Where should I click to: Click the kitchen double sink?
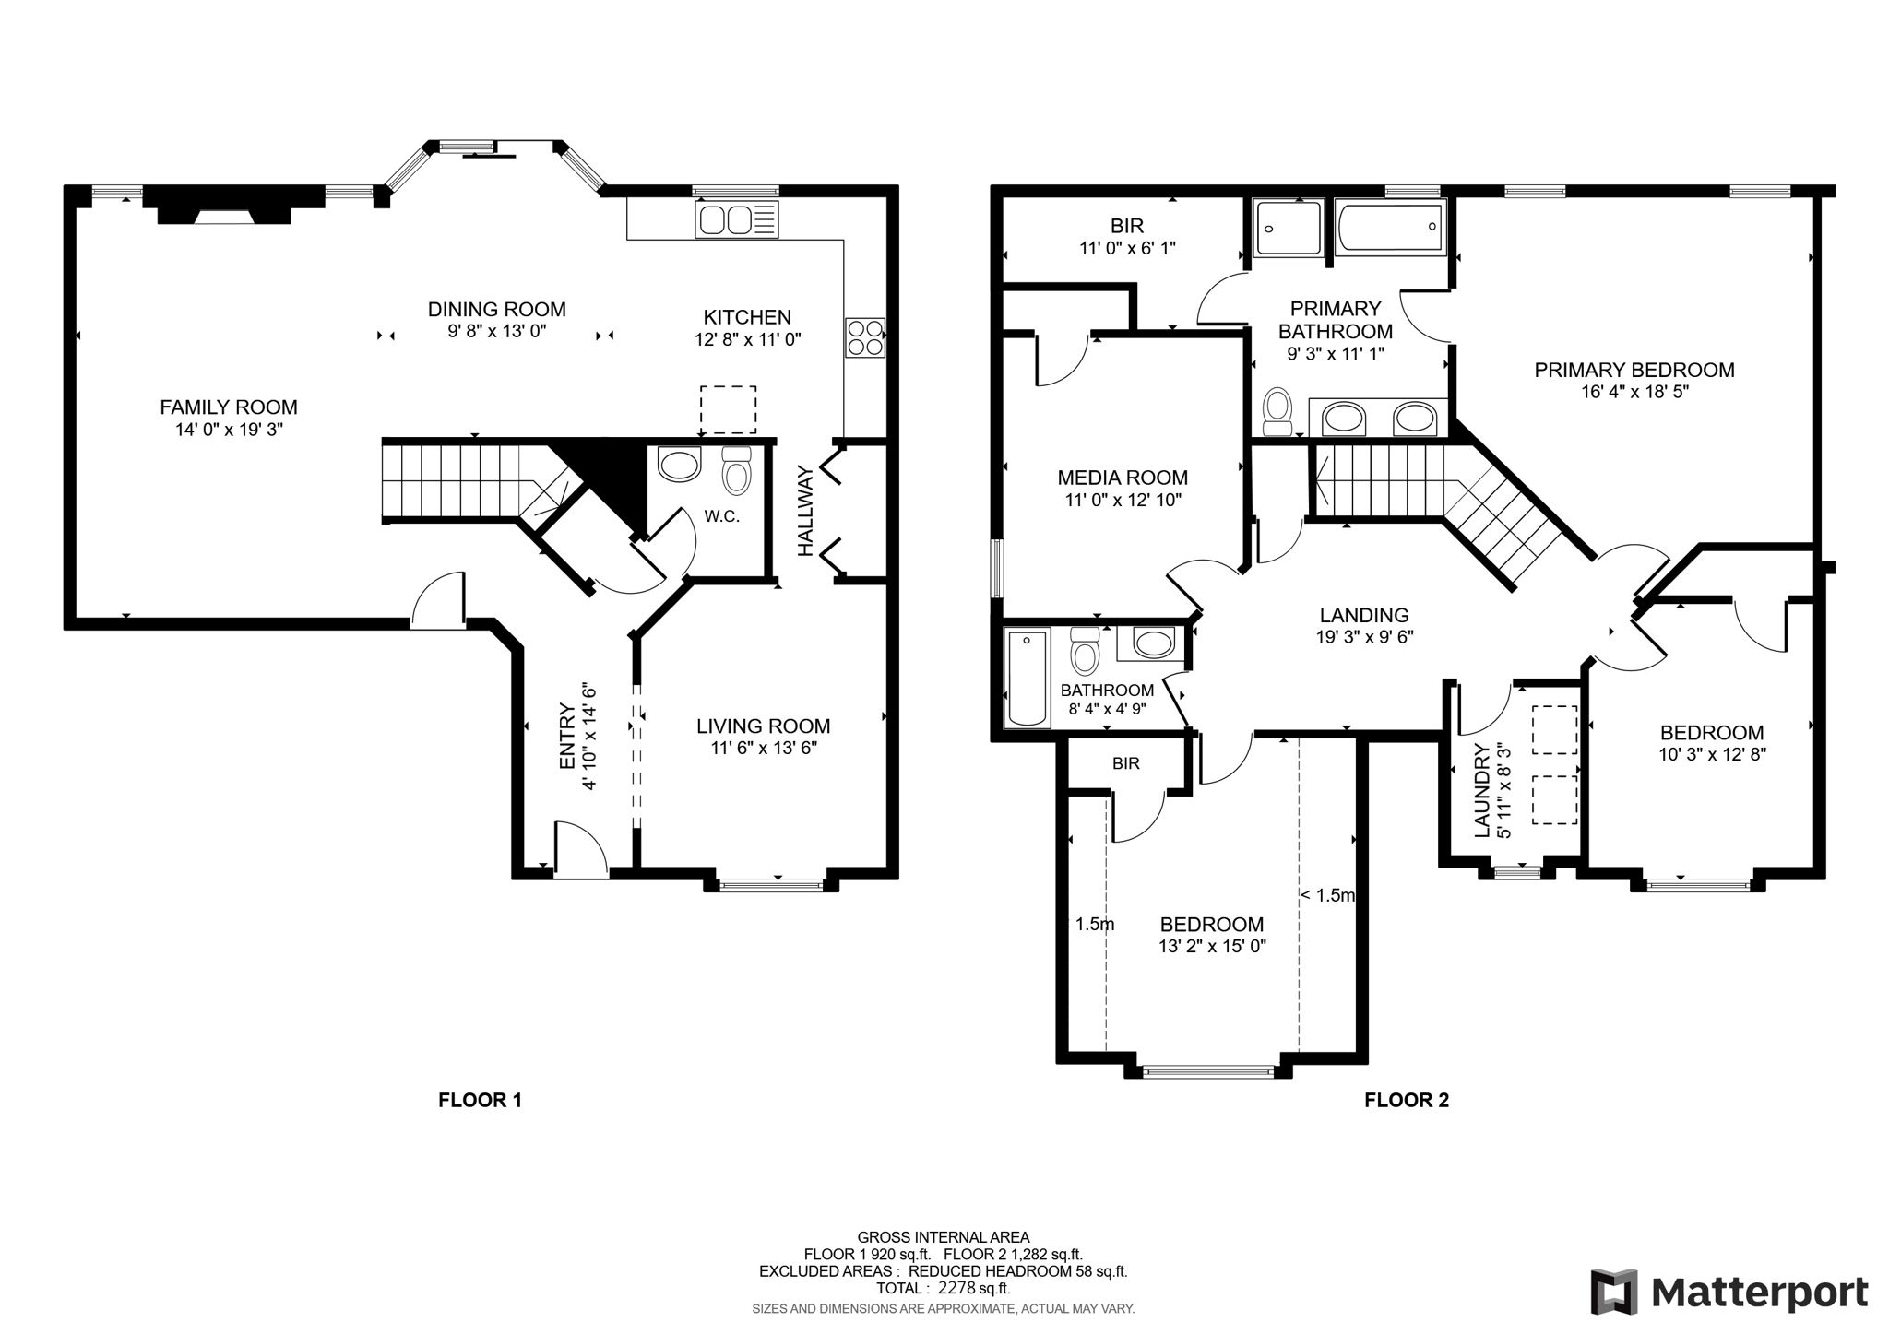(725, 220)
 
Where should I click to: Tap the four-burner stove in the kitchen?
(864, 337)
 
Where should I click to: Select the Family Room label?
(229, 407)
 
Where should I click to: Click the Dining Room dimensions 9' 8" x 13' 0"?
(497, 331)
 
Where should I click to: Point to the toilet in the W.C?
(736, 471)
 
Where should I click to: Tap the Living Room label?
(763, 726)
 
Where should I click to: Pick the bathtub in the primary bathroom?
(1388, 229)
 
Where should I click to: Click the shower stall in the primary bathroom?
(1289, 229)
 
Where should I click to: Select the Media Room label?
(1122, 478)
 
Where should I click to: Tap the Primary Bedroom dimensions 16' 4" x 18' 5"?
(1634, 391)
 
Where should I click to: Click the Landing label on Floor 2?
(1363, 615)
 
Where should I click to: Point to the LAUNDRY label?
(1482, 790)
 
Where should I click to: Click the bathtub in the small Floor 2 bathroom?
(1027, 679)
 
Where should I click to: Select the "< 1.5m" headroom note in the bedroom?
(1327, 895)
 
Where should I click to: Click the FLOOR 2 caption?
(1406, 1100)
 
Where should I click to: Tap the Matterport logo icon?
(1613, 1292)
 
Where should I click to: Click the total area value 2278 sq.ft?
(974, 1288)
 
